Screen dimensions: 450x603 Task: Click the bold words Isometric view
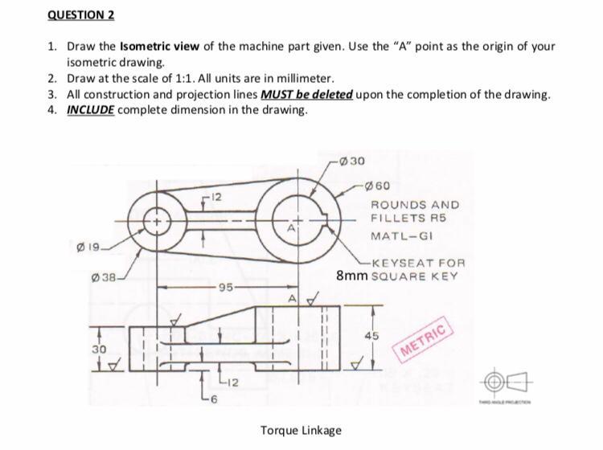pos(158,46)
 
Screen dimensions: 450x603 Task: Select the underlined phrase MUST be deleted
pos(307,94)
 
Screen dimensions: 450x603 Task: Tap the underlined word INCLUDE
pos(91,110)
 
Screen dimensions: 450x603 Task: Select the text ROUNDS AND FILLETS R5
pos(415,211)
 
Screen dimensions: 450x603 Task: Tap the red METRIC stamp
pos(422,345)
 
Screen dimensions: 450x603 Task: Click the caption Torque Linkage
pos(301,430)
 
